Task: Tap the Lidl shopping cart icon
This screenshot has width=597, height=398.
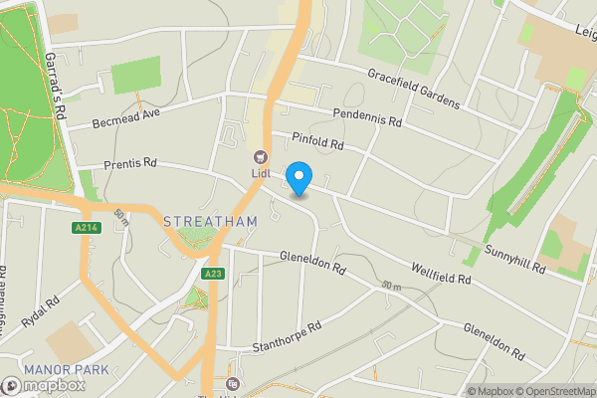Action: pyautogui.click(x=260, y=157)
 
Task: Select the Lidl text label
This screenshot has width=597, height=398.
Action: pyautogui.click(x=260, y=175)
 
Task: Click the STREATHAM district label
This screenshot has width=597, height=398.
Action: pyautogui.click(x=210, y=221)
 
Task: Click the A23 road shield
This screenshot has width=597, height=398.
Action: pyautogui.click(x=212, y=274)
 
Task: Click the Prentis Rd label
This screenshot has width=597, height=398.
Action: pyautogui.click(x=130, y=163)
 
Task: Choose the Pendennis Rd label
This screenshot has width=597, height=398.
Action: pyautogui.click(x=366, y=117)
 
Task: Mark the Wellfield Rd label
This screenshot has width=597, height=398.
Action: pyautogui.click(x=441, y=273)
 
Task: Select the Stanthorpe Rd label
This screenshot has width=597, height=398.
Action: pyautogui.click(x=288, y=336)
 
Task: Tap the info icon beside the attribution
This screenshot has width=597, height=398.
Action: pyautogui.click(x=461, y=391)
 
